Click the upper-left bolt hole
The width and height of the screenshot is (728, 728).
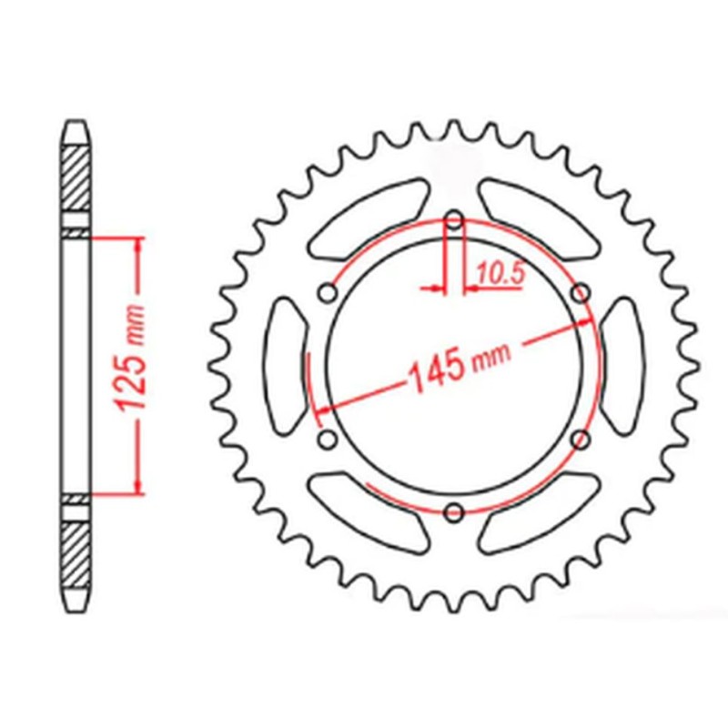(329, 292)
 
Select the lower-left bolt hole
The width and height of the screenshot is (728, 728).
(329, 440)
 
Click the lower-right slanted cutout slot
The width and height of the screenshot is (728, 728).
(541, 515)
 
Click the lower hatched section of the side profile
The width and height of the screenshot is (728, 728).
(76, 555)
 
